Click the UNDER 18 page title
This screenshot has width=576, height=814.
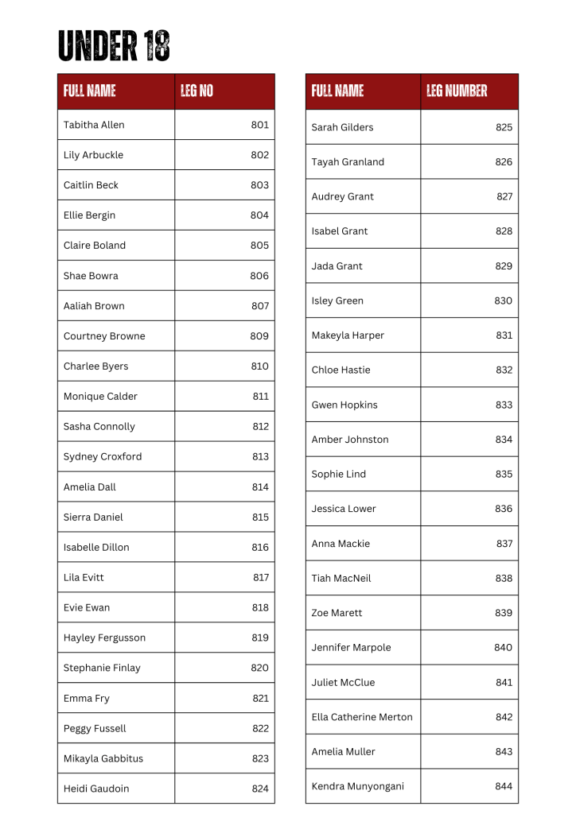click(x=114, y=46)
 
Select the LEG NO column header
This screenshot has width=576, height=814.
click(x=197, y=91)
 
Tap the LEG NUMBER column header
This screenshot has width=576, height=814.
click(x=457, y=91)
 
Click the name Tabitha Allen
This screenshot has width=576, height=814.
click(x=94, y=125)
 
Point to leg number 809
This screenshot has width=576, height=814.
click(x=259, y=336)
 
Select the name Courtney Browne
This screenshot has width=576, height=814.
click(x=104, y=336)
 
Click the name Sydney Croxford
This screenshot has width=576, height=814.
click(x=103, y=457)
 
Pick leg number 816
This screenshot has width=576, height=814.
click(x=259, y=548)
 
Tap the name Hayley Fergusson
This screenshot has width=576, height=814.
click(x=104, y=638)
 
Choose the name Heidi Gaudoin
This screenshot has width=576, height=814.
click(x=96, y=789)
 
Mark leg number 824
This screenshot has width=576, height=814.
click(x=260, y=789)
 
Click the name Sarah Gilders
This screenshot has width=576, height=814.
click(x=342, y=127)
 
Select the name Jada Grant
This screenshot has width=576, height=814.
click(x=337, y=266)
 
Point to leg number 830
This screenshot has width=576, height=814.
click(x=503, y=301)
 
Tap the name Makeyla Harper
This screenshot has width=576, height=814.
click(x=348, y=335)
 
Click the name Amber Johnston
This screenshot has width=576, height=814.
click(x=350, y=440)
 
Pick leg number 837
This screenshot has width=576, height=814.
click(x=504, y=544)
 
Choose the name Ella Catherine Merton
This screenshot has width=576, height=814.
click(x=362, y=717)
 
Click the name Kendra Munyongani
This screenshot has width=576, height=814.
click(x=358, y=787)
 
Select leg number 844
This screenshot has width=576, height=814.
click(x=504, y=787)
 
